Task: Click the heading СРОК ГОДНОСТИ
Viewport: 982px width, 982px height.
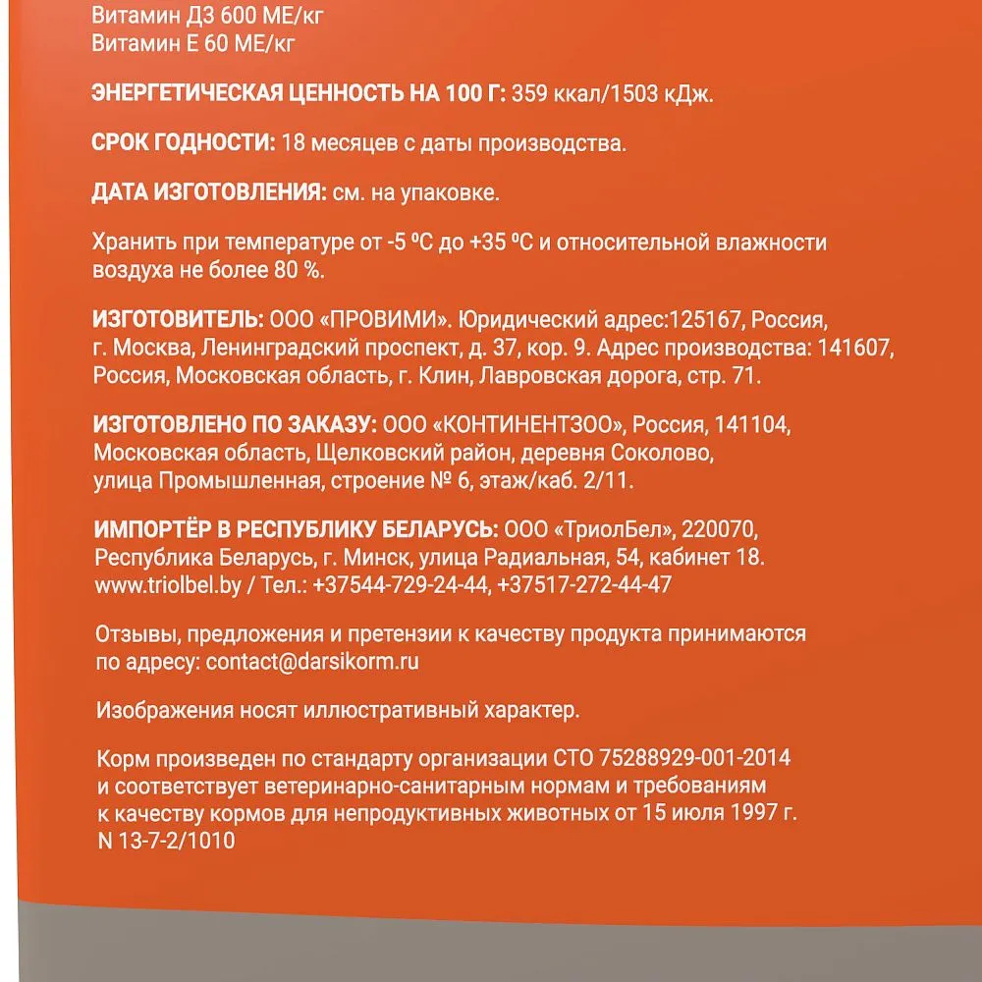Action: tap(183, 143)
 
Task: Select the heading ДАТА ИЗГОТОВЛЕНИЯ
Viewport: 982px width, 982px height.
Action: tap(209, 192)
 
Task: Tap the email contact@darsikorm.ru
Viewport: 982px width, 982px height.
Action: tap(312, 661)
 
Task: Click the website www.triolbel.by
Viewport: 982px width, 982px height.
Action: tap(165, 584)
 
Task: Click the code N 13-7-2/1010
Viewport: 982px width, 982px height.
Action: tap(167, 842)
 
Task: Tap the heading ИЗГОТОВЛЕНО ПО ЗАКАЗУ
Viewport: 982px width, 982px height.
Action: tap(234, 425)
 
